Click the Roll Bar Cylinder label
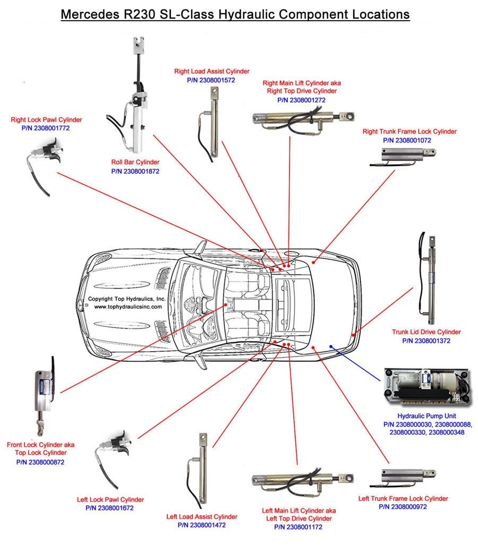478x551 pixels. (135, 162)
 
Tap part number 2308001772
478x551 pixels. (46, 128)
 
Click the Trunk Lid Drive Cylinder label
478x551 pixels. (426, 332)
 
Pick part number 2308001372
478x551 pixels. (426, 341)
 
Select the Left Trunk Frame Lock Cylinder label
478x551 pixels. (403, 498)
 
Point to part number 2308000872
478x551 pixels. (40, 462)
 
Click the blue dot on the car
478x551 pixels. (331, 346)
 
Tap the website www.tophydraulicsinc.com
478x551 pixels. (127, 307)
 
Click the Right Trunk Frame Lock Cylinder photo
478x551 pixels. (409, 155)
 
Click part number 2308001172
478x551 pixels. (298, 527)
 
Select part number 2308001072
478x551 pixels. (407, 140)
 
